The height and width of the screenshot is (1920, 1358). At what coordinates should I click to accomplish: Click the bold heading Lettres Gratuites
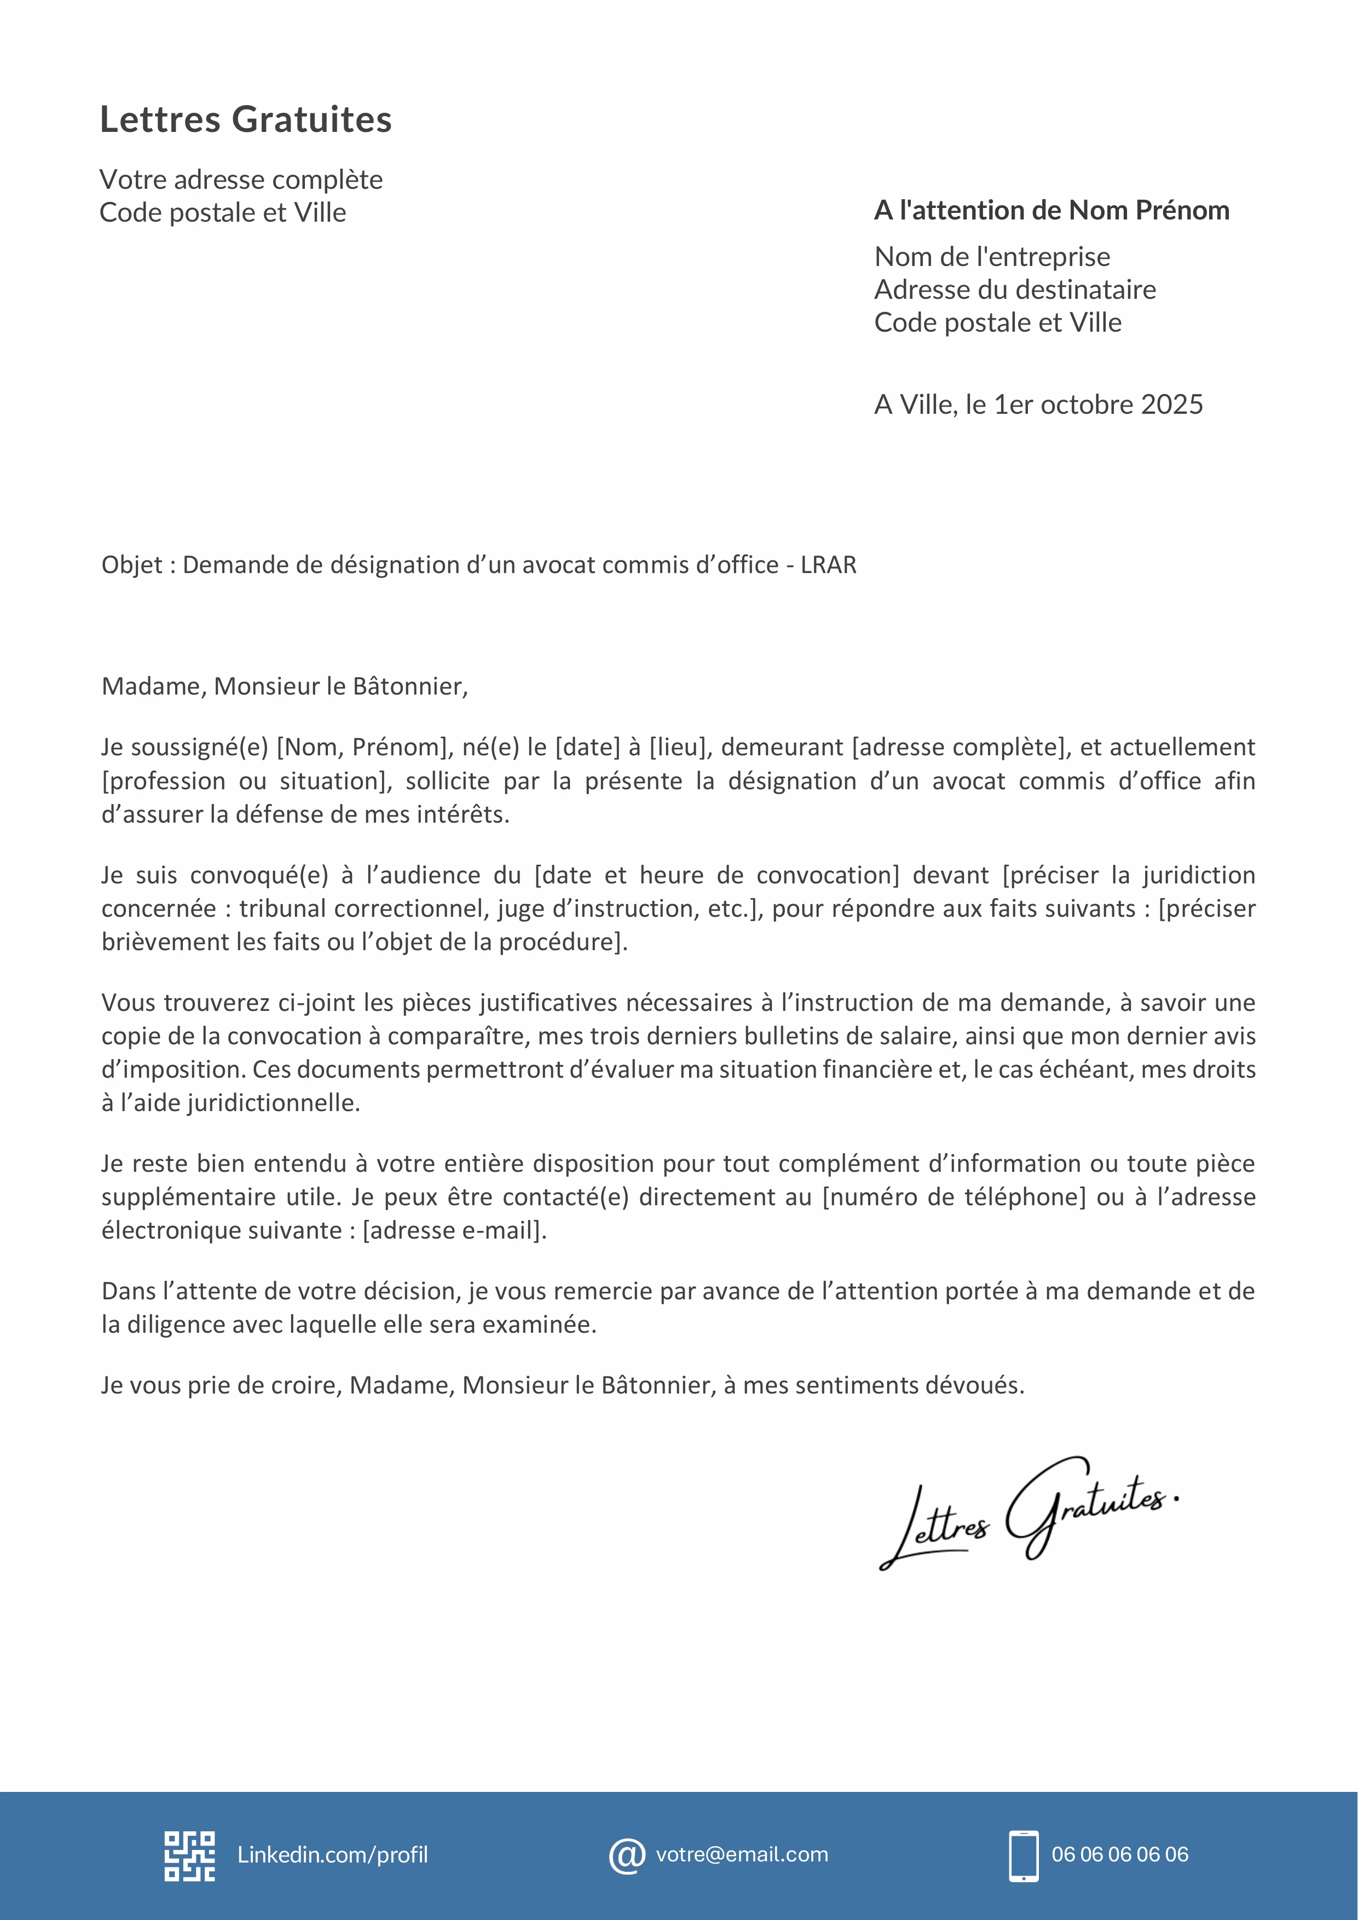(x=245, y=119)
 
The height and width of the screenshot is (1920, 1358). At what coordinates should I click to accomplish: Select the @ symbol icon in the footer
(x=626, y=1855)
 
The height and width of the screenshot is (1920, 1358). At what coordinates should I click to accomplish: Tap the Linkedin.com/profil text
(x=332, y=1855)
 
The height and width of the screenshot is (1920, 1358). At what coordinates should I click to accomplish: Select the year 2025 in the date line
(x=1171, y=404)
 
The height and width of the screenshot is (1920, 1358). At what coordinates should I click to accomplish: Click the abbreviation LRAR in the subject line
(x=828, y=565)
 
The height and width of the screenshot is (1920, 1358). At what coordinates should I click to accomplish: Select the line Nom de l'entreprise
(x=992, y=257)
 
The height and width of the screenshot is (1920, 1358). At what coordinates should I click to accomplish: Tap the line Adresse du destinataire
(x=1014, y=290)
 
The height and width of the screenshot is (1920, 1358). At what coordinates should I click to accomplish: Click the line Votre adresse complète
(x=241, y=180)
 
